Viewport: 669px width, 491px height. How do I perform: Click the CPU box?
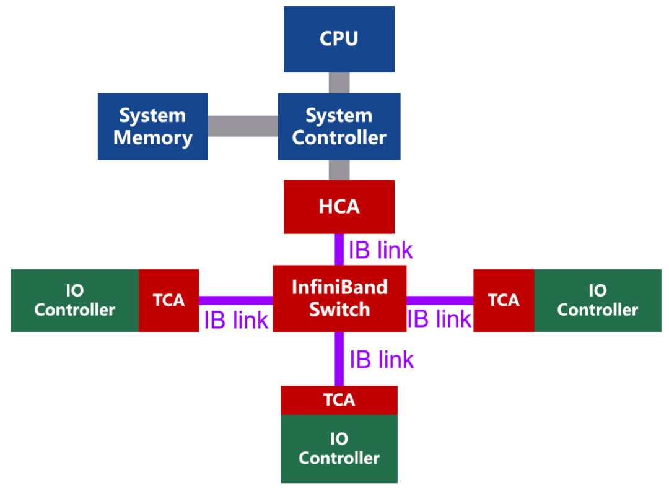pyautogui.click(x=339, y=38)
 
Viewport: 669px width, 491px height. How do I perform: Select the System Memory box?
pyautogui.click(x=152, y=126)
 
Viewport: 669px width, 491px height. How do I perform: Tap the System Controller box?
pyautogui.click(x=339, y=126)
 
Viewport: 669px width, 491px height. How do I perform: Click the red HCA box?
pyautogui.click(x=339, y=207)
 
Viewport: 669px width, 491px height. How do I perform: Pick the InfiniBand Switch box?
pyautogui.click(x=339, y=298)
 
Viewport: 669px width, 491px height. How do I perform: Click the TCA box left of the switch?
pyautogui.click(x=168, y=300)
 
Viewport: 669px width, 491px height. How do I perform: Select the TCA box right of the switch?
pyautogui.click(x=503, y=300)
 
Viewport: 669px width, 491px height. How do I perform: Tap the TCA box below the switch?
pyautogui.click(x=339, y=400)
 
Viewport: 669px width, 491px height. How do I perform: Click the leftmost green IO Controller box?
pyautogui.click(x=74, y=300)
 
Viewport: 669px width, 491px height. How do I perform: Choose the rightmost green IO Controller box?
pyautogui.click(x=597, y=300)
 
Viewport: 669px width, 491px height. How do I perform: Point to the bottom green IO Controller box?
pyautogui.click(x=339, y=449)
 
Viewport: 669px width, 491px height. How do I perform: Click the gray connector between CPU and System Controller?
pyautogui.click(x=339, y=82)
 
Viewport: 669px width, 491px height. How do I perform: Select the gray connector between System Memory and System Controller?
pyautogui.click(x=242, y=126)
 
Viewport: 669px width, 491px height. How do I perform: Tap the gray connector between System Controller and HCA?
pyautogui.click(x=339, y=170)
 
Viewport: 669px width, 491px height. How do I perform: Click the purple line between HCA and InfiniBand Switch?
pyautogui.click(x=339, y=250)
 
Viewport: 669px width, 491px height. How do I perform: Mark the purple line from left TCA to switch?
pyautogui.click(x=235, y=300)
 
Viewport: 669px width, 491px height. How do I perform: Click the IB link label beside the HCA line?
pyautogui.click(x=380, y=250)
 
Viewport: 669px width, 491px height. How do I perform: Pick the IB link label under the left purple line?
pyautogui.click(x=236, y=320)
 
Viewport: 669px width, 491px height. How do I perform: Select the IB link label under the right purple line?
pyautogui.click(x=439, y=319)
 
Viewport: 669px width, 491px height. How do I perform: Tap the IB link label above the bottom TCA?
pyautogui.click(x=382, y=360)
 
